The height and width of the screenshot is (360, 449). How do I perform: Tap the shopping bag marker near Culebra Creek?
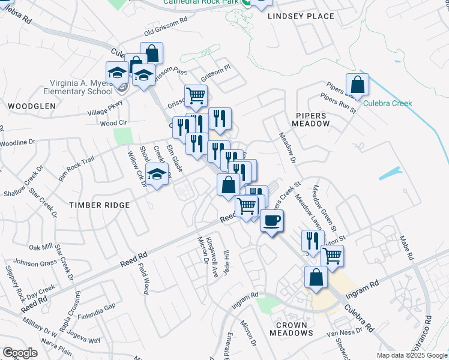tap(357, 86)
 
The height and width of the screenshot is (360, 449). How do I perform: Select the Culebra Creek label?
tap(388, 103)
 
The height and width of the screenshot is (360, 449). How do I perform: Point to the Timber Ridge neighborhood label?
tap(100, 205)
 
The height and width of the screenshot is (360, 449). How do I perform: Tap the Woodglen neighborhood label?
tap(32, 106)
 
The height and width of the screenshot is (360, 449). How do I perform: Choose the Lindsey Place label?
tap(301, 16)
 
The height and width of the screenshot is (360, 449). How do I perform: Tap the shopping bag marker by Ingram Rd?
tap(316, 278)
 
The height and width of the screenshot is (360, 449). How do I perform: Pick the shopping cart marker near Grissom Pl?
tap(196, 95)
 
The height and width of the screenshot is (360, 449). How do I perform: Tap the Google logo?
tap(20, 353)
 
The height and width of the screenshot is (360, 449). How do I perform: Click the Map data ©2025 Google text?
tap(412, 355)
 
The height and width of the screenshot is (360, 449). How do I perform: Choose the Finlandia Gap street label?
tap(97, 307)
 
